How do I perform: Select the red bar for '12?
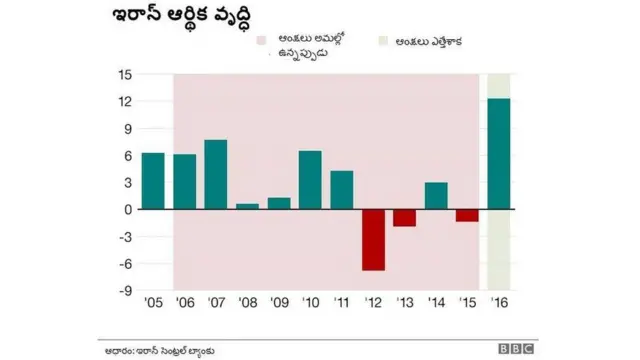point(373,240)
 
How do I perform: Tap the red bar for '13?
point(404,218)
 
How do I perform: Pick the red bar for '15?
point(467,215)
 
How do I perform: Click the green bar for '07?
point(216,175)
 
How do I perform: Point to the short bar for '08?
point(247,206)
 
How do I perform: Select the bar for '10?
point(310,180)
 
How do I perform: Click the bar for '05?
point(153,181)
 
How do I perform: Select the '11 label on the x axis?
point(341,304)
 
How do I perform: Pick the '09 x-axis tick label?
point(279,304)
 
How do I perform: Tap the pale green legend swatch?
point(383,42)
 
